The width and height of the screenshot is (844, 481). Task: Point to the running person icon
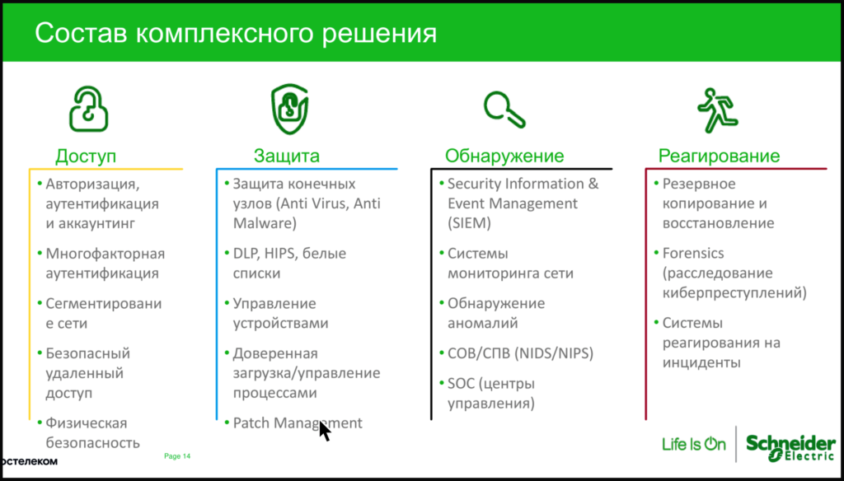pyautogui.click(x=715, y=109)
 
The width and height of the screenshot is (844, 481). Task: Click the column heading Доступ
pyautogui.click(x=86, y=156)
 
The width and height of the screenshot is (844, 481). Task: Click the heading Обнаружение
pyautogui.click(x=504, y=156)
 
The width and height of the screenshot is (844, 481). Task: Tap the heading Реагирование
pyautogui.click(x=719, y=156)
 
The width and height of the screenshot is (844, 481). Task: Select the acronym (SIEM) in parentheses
pyautogui.click(x=469, y=222)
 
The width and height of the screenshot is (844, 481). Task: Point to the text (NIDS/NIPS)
pyautogui.click(x=554, y=353)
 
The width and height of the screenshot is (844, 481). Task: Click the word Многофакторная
pyautogui.click(x=105, y=254)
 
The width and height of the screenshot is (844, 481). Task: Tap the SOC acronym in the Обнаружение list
pyautogui.click(x=460, y=383)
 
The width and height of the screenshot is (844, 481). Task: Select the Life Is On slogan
pyautogui.click(x=694, y=445)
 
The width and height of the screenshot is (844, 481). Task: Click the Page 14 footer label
pyautogui.click(x=178, y=455)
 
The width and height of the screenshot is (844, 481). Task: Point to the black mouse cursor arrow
pyautogui.click(x=324, y=431)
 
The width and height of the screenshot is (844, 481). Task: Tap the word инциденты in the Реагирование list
pyautogui.click(x=701, y=362)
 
